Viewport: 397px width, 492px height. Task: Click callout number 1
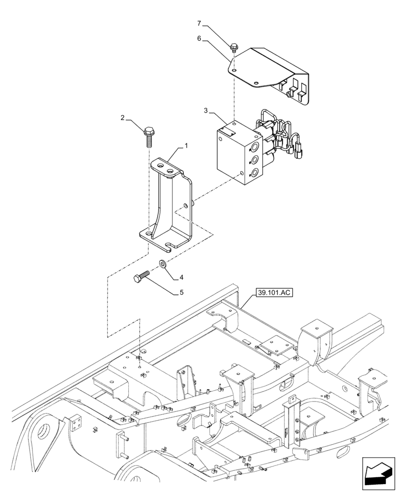coord(186,146)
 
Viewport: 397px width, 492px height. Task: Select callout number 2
coord(122,118)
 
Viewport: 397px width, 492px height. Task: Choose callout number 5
coord(181,292)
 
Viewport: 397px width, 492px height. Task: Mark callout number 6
coord(199,37)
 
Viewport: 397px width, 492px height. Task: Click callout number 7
coord(199,23)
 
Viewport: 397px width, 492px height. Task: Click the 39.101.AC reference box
coord(274,293)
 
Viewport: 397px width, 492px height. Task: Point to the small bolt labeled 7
coord(234,48)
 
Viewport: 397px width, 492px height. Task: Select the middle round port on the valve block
coord(255,160)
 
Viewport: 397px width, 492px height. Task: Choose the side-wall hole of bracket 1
coord(185,205)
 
